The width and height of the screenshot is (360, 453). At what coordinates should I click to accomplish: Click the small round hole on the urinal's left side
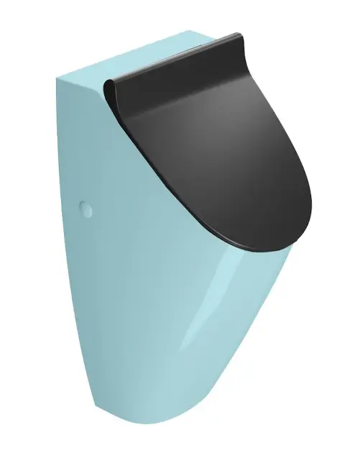pyautogui.click(x=86, y=210)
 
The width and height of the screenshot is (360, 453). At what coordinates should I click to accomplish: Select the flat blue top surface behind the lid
pyautogui.click(x=137, y=47)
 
